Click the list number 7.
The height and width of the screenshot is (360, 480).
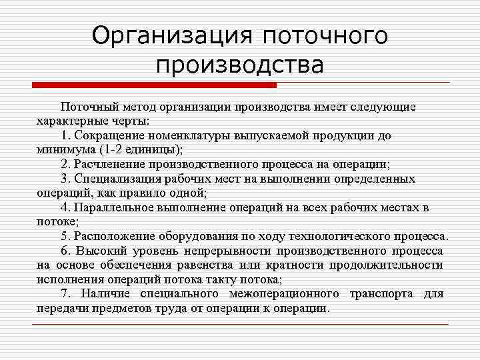pos(64,294)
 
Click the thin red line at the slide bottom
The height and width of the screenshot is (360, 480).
pos(240,324)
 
